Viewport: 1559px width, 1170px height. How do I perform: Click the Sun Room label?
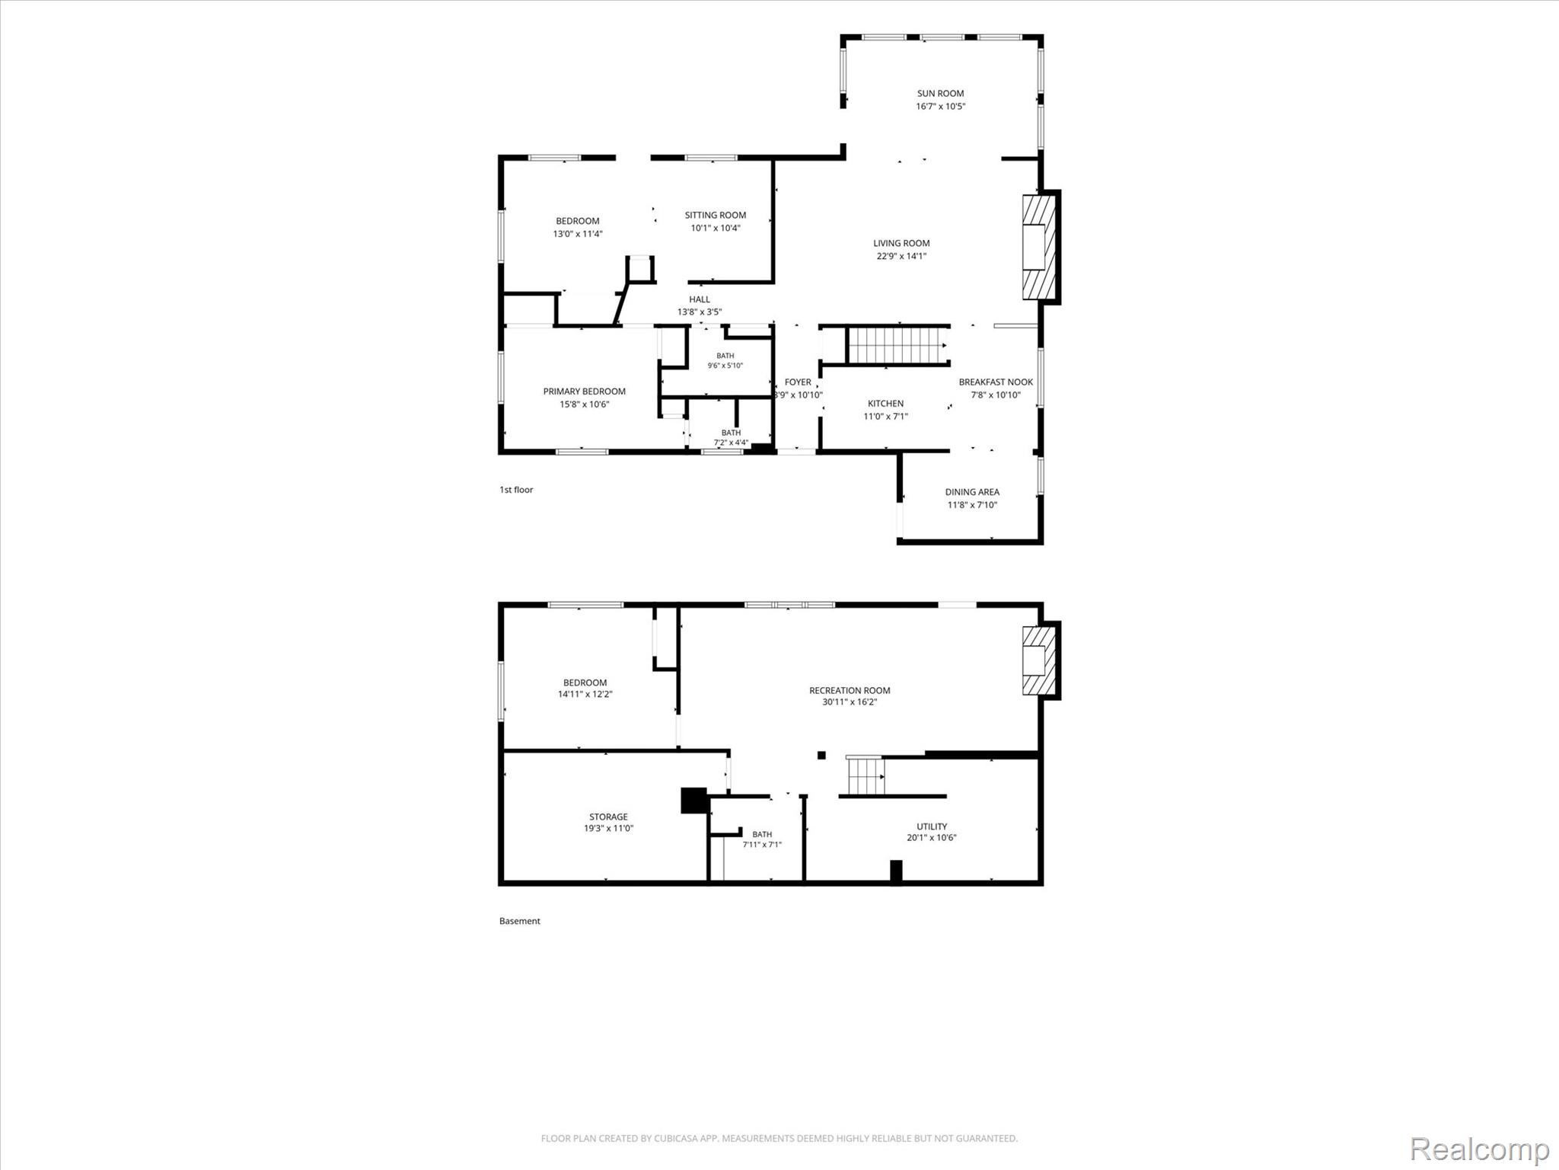click(x=940, y=94)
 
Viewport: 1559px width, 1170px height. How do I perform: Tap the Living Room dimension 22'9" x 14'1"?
click(x=901, y=256)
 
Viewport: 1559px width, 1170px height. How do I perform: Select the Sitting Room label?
click(x=715, y=215)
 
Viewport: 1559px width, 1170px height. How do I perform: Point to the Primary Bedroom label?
click(x=584, y=392)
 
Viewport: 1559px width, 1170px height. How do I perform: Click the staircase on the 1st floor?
click(x=897, y=345)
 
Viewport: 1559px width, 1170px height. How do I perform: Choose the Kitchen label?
click(x=885, y=404)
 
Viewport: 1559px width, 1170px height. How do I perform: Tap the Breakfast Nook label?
click(x=996, y=382)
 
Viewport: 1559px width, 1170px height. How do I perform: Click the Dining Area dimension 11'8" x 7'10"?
click(x=972, y=505)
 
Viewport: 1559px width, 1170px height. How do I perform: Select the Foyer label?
click(x=798, y=382)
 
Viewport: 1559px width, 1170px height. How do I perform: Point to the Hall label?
click(x=700, y=299)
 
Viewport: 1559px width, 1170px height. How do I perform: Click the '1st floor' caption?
click(x=516, y=490)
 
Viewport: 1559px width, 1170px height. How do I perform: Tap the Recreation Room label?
click(x=850, y=691)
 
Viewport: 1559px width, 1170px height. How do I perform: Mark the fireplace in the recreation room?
click(x=1040, y=660)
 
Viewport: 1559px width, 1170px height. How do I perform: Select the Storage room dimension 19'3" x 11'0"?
click(x=608, y=828)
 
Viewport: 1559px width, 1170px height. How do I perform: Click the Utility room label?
click(x=932, y=826)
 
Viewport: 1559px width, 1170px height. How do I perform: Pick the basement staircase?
click(x=866, y=775)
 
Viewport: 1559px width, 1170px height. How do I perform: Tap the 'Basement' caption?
click(x=520, y=921)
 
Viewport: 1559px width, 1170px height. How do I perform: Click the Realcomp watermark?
click(x=1480, y=1149)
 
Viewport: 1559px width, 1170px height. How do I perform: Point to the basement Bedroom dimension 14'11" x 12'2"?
click(x=585, y=694)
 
